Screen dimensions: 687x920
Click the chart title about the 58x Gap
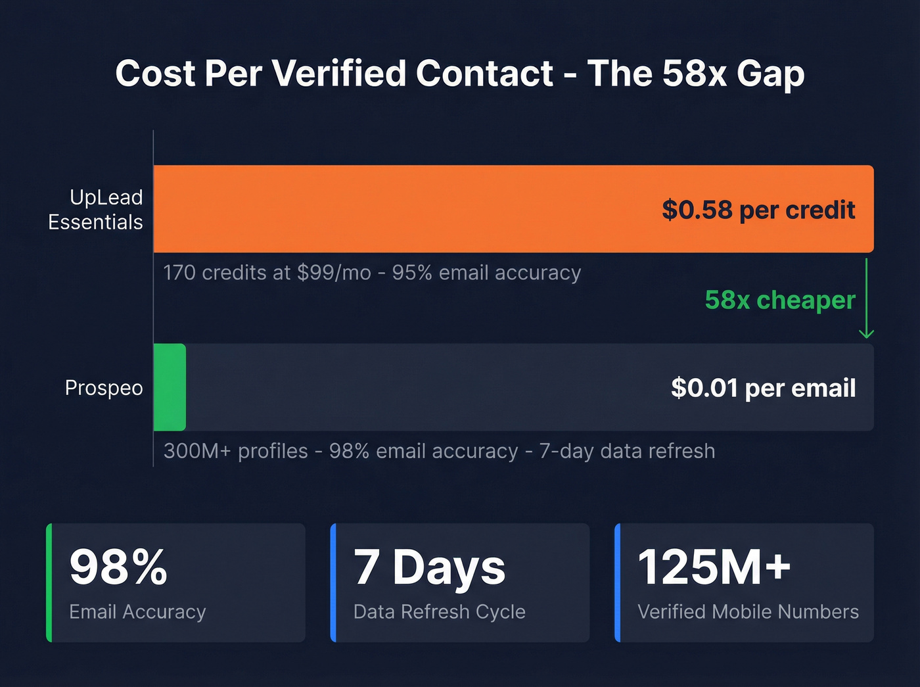pyautogui.click(x=460, y=73)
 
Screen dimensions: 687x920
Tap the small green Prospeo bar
pyautogui.click(x=170, y=387)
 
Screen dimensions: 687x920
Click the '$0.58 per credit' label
pyautogui.click(x=758, y=210)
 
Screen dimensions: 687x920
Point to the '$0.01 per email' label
pyautogui.click(x=763, y=388)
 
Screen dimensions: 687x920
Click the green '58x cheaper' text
pyautogui.click(x=780, y=300)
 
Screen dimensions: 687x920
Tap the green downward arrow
pyautogui.click(x=866, y=299)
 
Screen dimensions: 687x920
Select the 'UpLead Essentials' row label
pyautogui.click(x=96, y=209)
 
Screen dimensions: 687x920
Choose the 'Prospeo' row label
pyautogui.click(x=104, y=388)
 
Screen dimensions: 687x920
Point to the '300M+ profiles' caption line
pyautogui.click(x=439, y=451)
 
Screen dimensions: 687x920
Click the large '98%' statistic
pyautogui.click(x=119, y=567)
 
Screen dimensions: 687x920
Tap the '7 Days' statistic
pyautogui.click(x=430, y=567)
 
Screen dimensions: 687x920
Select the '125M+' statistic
pyautogui.click(x=714, y=567)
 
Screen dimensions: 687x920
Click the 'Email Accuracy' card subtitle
pyautogui.click(x=137, y=612)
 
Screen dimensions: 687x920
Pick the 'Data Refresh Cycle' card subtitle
pyautogui.click(x=439, y=612)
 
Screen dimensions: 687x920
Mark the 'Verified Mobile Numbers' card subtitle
pyautogui.click(x=748, y=612)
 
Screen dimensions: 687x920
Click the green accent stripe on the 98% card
pyautogui.click(x=49, y=582)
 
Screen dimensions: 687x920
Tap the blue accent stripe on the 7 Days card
pyautogui.click(x=333, y=582)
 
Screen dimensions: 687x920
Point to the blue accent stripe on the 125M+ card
pyautogui.click(x=618, y=582)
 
